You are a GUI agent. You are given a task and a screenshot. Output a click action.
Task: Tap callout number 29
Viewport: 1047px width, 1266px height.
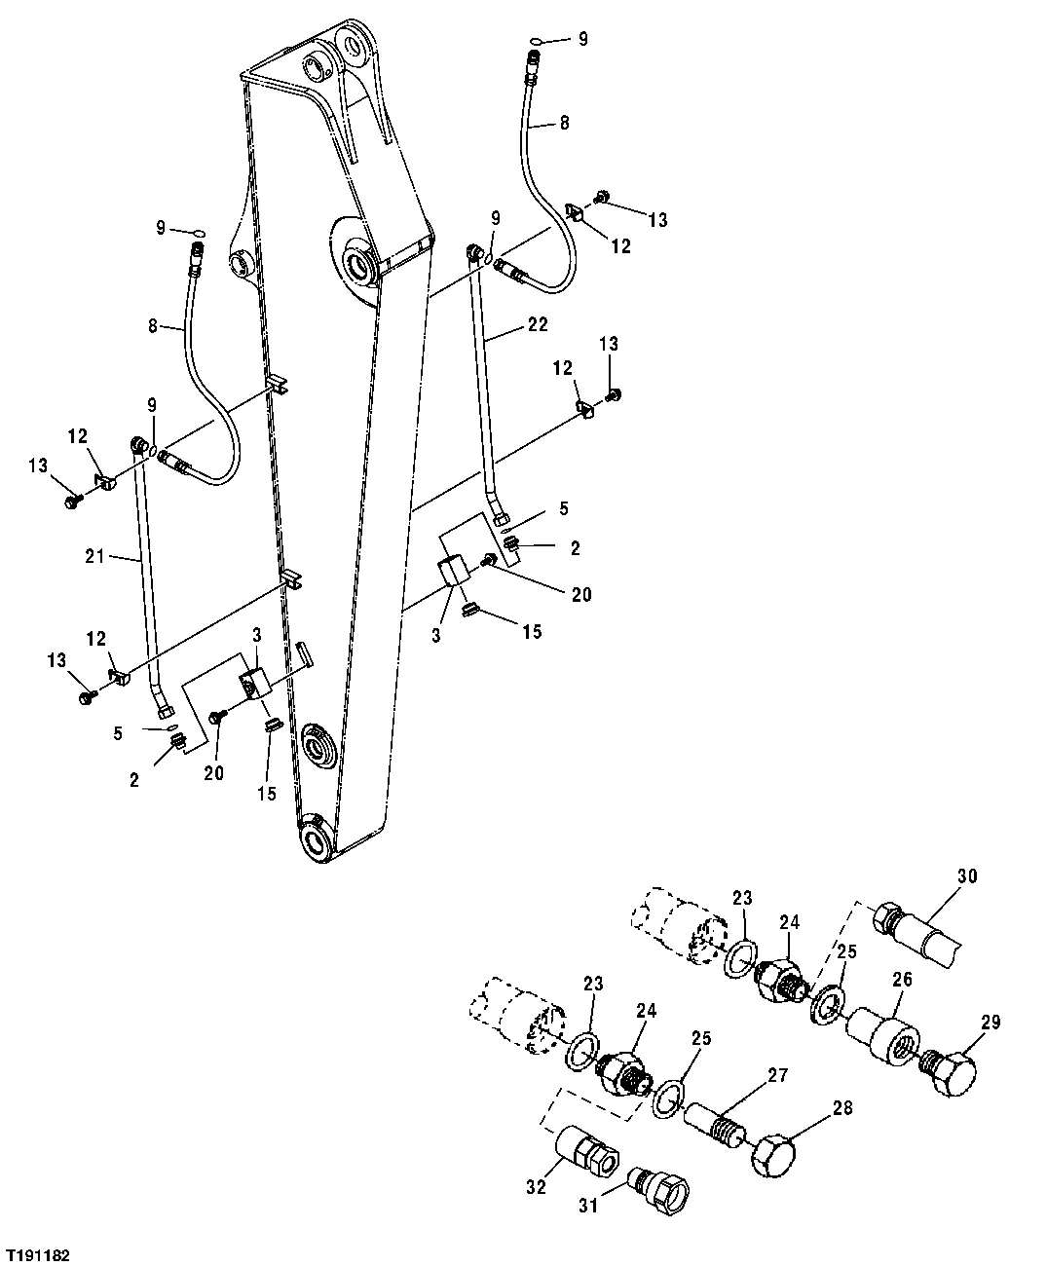991,1023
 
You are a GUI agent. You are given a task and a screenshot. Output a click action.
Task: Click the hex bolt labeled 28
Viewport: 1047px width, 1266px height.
773,1156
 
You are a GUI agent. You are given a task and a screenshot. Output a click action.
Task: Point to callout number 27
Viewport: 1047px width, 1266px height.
777,1075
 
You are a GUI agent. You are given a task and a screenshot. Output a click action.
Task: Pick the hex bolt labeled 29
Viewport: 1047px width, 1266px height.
950,1072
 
